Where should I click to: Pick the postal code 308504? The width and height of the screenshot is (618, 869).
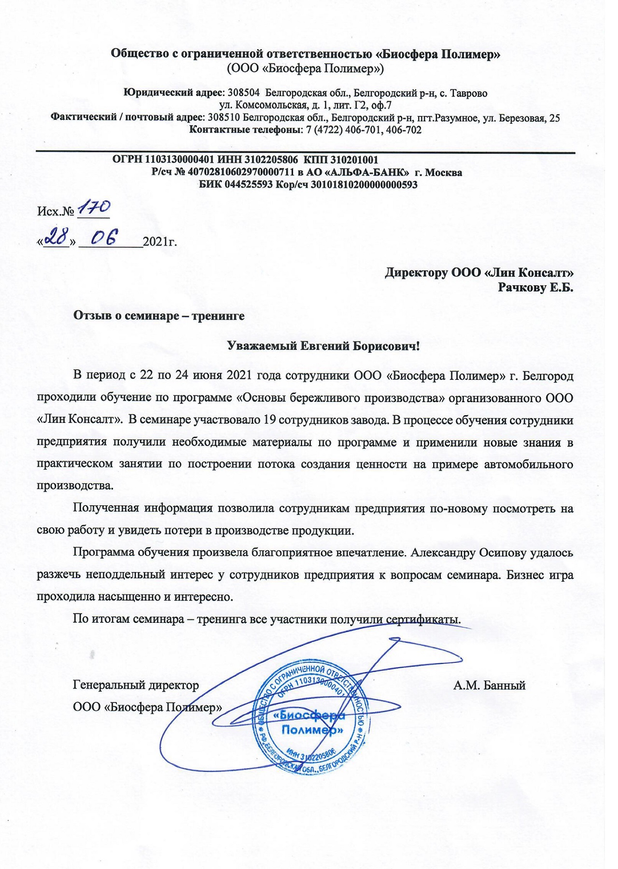click(244, 93)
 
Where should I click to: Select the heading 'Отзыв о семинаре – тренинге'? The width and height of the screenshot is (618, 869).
click(159, 316)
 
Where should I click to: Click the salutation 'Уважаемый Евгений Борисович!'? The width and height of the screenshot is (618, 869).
click(323, 346)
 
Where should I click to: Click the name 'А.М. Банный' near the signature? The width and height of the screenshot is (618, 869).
click(489, 685)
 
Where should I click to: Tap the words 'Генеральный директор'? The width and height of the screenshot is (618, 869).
click(136, 685)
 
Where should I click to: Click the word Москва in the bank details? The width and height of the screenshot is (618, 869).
click(445, 172)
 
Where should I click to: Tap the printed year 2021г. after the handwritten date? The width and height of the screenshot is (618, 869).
click(160, 241)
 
